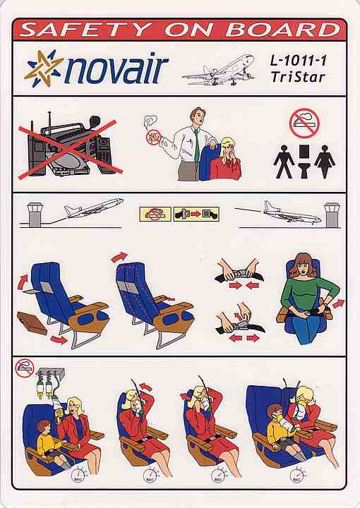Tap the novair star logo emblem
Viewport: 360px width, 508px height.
coord(43,68)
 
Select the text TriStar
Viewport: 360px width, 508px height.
coord(298,78)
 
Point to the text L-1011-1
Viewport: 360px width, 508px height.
coord(299,61)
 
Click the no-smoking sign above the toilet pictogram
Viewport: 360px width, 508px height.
coord(304,123)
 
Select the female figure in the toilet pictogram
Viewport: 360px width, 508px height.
coord(325,162)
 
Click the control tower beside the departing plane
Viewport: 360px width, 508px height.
coord(35,214)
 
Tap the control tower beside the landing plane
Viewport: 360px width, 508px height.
coord(332,214)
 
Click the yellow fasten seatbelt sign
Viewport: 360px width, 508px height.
coord(196,214)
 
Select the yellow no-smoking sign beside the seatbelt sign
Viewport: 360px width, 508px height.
coord(155,214)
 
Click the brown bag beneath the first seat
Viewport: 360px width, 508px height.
coord(32,322)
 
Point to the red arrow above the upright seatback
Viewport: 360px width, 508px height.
coord(119,257)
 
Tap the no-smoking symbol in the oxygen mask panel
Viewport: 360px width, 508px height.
coord(25,368)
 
